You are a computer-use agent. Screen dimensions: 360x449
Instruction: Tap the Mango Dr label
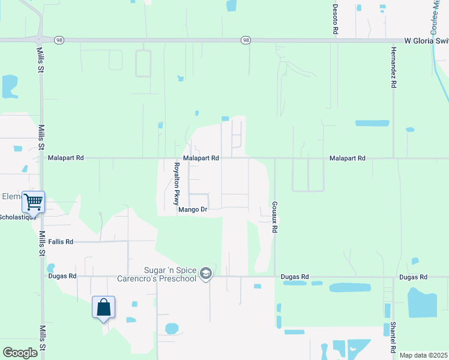coord(192,209)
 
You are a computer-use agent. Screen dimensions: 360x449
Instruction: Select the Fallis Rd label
coord(61,242)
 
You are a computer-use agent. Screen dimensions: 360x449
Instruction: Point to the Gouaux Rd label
coord(274,217)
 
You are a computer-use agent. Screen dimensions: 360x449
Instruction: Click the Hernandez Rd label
coord(394,68)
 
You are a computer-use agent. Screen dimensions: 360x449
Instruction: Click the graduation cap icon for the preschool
coord(206,274)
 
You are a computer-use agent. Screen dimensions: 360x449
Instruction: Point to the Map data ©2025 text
coord(423,355)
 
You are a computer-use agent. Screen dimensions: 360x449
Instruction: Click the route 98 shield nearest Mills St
coord(58,40)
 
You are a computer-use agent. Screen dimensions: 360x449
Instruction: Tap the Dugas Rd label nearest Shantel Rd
coord(412,277)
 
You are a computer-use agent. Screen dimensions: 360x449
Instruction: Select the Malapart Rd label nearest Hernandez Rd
coord(347,158)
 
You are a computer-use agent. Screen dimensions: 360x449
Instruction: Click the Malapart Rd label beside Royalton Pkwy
coord(200,158)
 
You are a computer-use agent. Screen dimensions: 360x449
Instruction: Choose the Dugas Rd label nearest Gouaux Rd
coord(295,277)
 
